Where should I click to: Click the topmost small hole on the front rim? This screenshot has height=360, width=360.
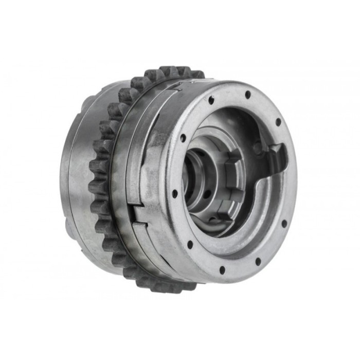pos(247,95)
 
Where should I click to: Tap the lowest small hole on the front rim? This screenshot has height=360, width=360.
pos(222,269)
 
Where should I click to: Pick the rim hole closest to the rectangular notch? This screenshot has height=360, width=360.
pos(278,122)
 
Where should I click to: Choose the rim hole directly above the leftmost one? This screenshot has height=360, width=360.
pos(183,138)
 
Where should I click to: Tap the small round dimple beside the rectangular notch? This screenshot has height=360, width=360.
pos(257,149)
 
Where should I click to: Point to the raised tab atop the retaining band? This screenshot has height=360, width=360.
pos(177,85)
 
